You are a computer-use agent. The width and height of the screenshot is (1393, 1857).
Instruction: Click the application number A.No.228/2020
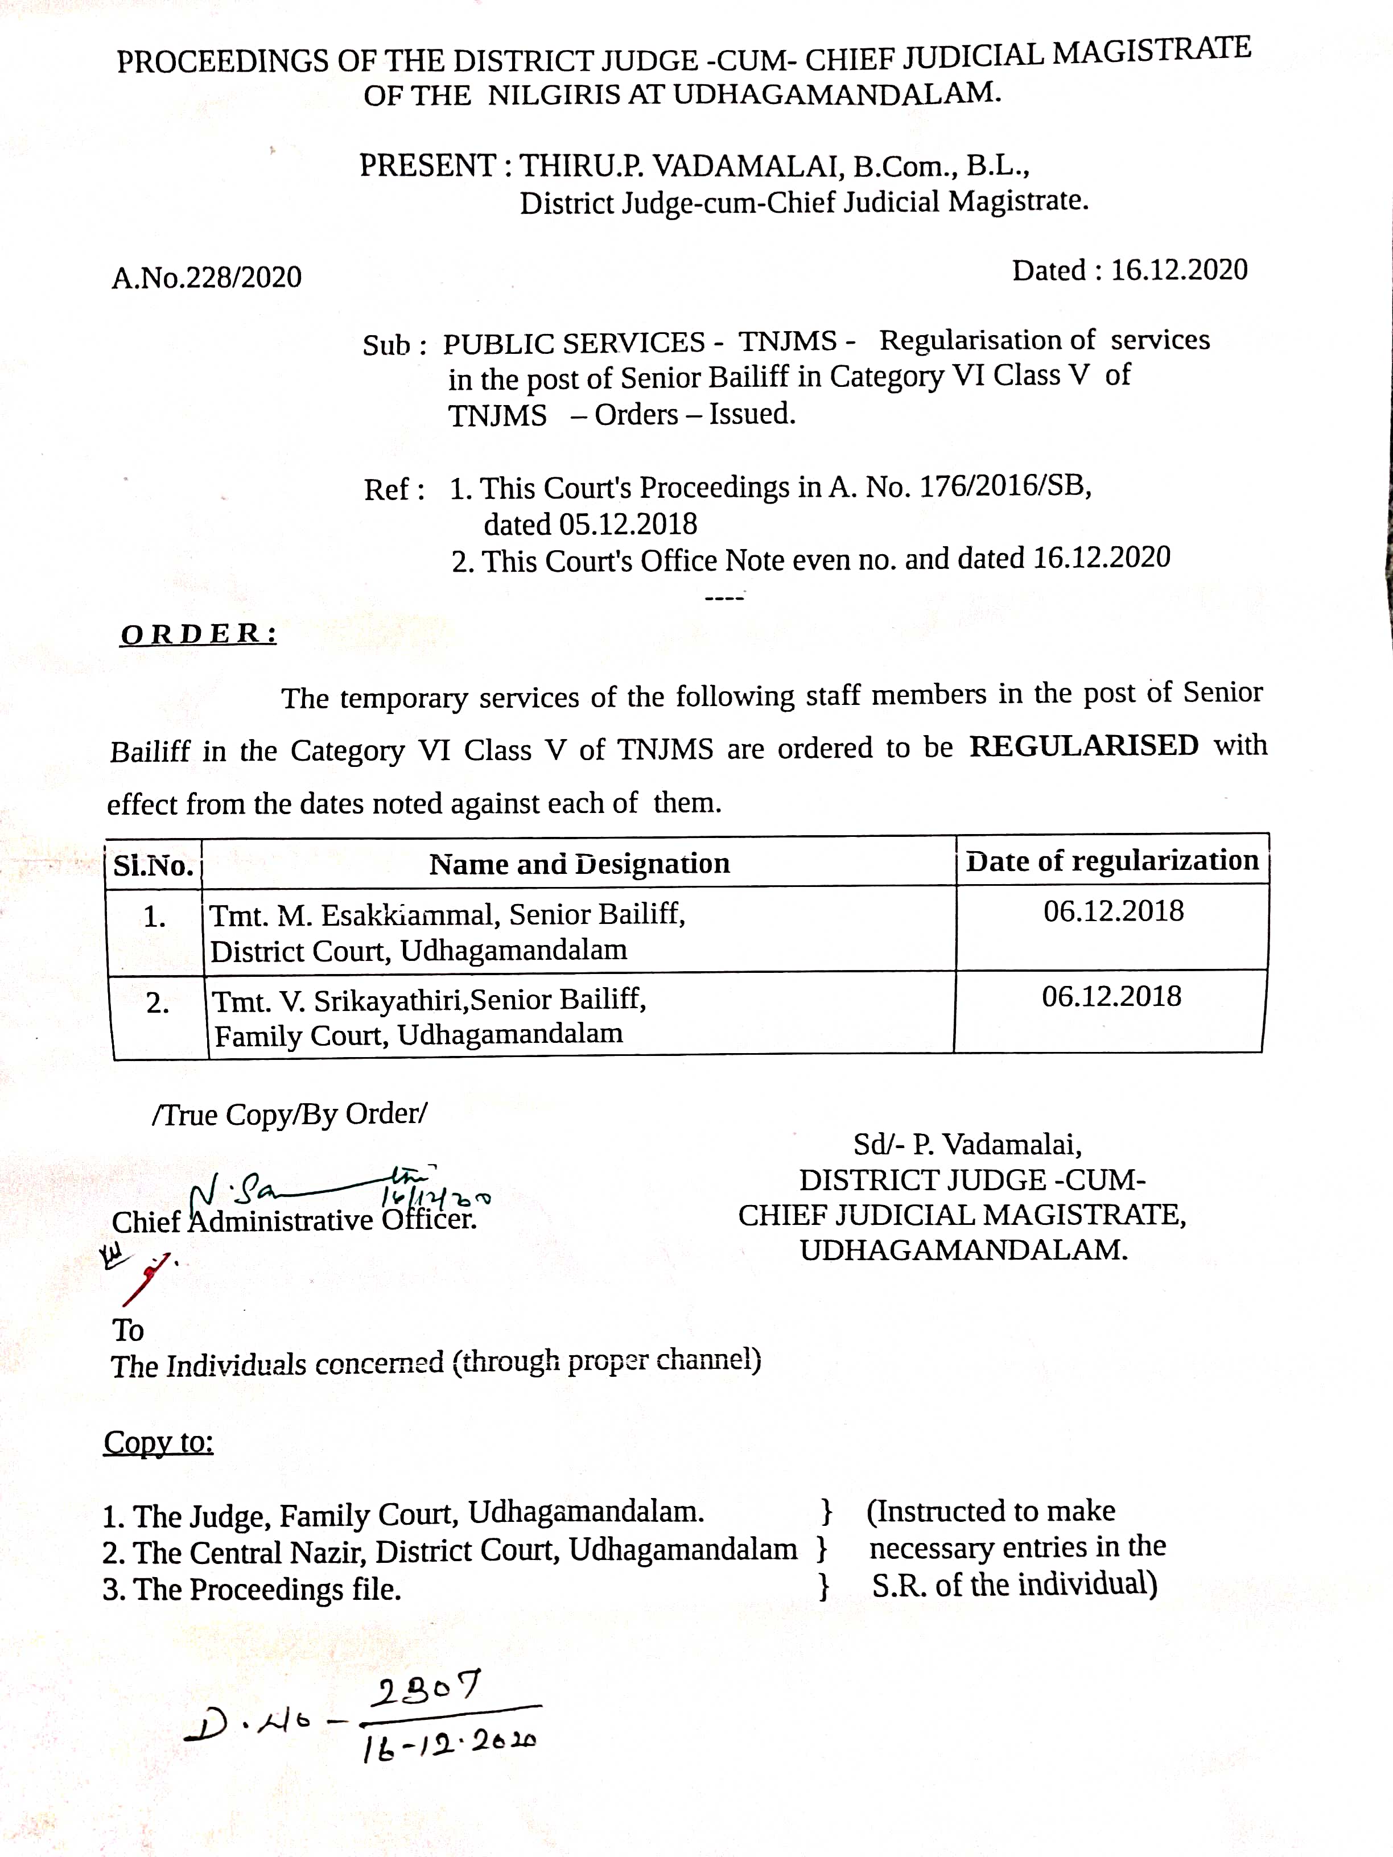coord(207,277)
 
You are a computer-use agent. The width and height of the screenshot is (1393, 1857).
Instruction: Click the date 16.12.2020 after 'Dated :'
coord(1179,270)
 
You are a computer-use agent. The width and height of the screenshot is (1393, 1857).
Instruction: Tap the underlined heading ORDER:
coord(198,635)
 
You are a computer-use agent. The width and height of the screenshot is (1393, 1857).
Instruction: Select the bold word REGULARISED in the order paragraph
coord(1083,745)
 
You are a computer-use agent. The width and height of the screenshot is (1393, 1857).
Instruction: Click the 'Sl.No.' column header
coord(154,865)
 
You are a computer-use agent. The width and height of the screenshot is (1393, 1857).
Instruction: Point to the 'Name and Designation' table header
coord(579,864)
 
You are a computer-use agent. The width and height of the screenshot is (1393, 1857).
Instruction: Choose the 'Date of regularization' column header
coord(1112,860)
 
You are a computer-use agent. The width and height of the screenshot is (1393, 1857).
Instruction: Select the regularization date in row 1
coord(1114,911)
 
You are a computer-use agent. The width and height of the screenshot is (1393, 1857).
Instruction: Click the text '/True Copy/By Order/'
coord(290,1114)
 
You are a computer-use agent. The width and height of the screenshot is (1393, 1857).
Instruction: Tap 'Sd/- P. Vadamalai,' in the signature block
coord(967,1144)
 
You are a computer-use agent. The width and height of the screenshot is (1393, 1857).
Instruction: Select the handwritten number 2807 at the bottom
coord(427,1687)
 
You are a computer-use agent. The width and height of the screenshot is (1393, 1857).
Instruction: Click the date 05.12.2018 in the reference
coord(627,525)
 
